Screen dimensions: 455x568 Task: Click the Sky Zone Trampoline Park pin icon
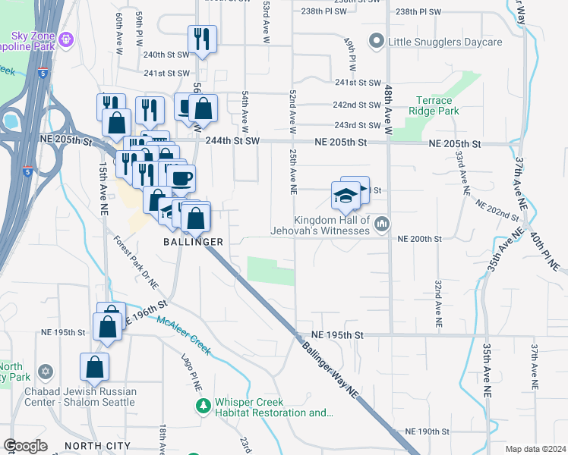click(67, 38)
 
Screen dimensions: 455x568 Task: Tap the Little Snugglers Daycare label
click(444, 42)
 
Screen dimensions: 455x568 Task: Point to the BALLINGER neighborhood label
click(193, 241)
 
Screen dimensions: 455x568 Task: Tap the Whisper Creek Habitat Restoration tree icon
click(203, 407)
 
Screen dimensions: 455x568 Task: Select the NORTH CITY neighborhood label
click(95, 446)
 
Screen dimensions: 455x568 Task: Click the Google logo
click(26, 446)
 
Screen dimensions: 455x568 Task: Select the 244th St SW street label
click(232, 141)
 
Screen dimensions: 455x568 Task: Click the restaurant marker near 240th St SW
click(202, 39)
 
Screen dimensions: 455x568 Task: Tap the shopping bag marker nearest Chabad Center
click(95, 366)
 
